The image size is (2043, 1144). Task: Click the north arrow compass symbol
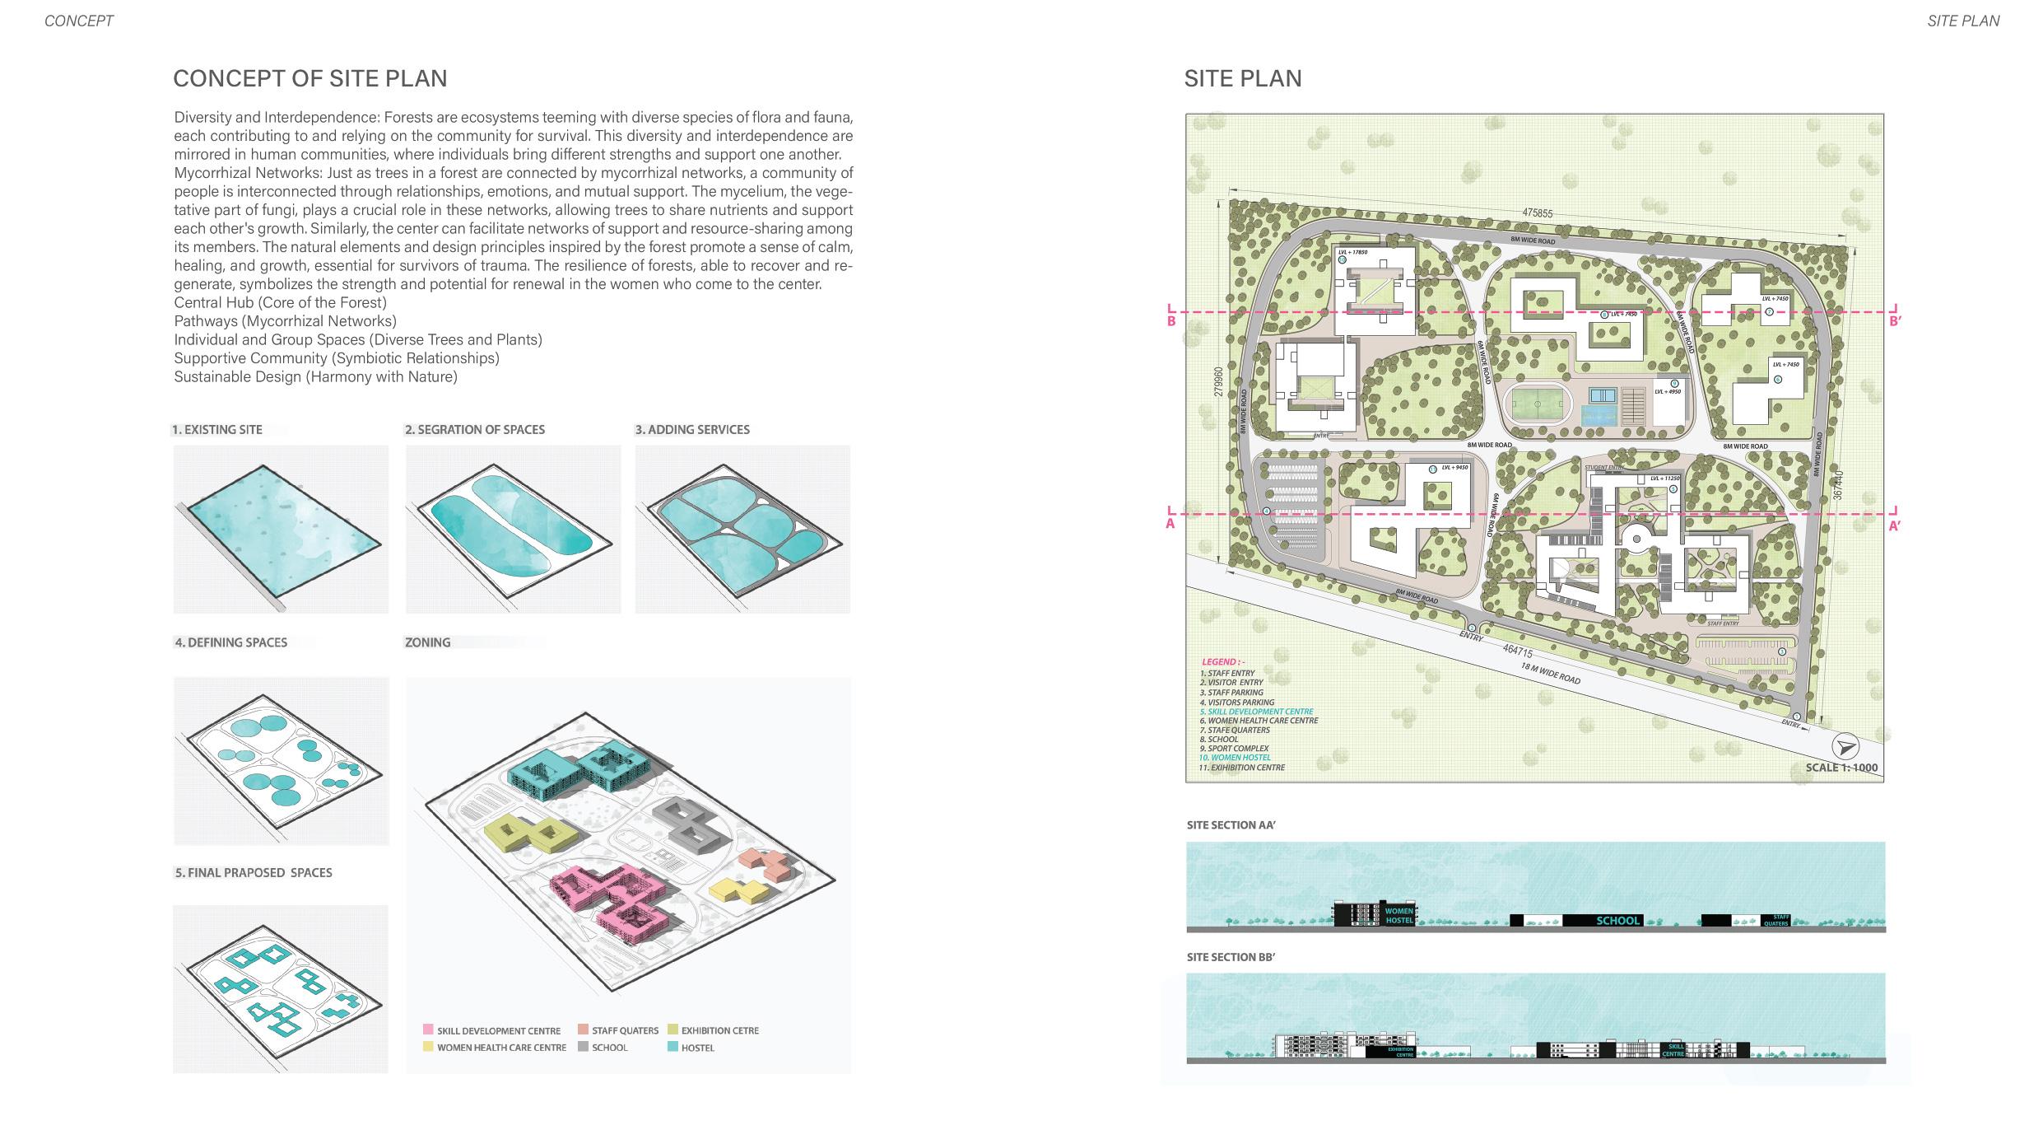tap(1845, 747)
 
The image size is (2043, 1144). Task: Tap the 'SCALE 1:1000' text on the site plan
tap(1841, 768)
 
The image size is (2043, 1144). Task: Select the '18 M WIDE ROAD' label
tap(1550, 673)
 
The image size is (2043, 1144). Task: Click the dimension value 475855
tap(1537, 213)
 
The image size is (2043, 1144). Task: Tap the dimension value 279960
tap(1219, 381)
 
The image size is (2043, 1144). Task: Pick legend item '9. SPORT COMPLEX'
tap(1234, 749)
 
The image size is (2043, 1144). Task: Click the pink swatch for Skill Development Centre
tap(428, 1030)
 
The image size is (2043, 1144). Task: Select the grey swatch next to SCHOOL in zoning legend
tap(583, 1047)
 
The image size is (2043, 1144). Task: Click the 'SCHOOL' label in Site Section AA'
tap(1617, 921)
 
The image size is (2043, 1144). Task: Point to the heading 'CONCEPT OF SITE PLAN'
tap(310, 78)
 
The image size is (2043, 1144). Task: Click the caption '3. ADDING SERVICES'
tap(692, 429)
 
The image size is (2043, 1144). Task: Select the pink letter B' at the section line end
tap(1894, 321)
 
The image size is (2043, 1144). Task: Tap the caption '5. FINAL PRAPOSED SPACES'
tap(254, 873)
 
